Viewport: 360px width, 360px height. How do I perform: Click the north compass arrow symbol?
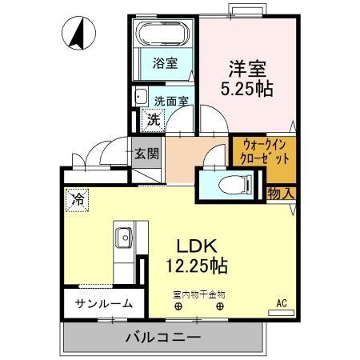[x=78, y=34]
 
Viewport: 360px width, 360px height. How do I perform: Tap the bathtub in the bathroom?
[x=162, y=35]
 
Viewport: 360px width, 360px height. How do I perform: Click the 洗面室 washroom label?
[x=171, y=102]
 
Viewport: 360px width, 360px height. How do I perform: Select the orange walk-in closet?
[x=264, y=154]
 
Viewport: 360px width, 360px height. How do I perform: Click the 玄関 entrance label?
[x=146, y=153]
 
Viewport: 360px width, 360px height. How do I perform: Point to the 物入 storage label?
[x=281, y=192]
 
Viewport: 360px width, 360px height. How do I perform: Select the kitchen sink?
[x=125, y=238]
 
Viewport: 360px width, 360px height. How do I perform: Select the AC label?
[x=282, y=302]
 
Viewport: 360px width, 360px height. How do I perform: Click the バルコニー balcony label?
[x=162, y=337]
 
